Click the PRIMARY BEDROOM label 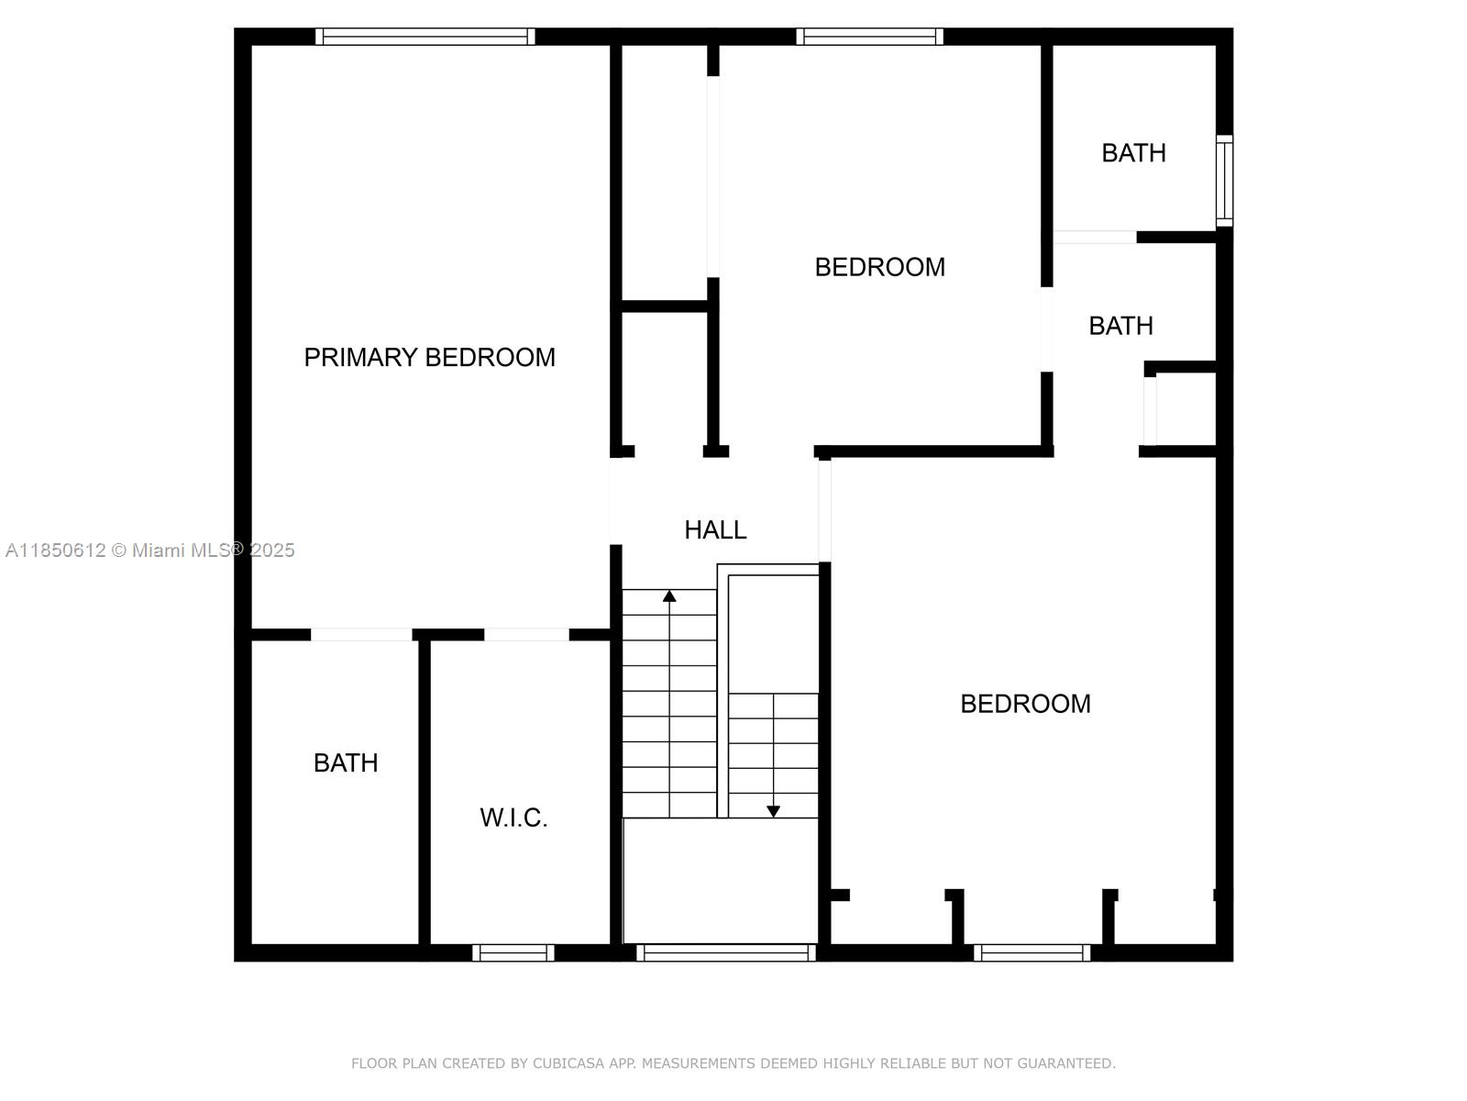coord(429,358)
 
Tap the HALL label coord(715,530)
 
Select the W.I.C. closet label coord(513,817)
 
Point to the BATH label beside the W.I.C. coord(346,762)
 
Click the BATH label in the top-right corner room coord(1133,153)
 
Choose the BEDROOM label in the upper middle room coord(879,267)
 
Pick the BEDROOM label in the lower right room coord(1025,704)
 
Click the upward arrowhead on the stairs coord(669,595)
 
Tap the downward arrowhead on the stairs coord(773,812)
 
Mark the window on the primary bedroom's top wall coord(425,37)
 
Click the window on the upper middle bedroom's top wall coord(869,37)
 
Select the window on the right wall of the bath coord(1224,181)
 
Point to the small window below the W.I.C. coord(513,952)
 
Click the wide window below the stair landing coord(726,952)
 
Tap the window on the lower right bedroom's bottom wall coord(1031,952)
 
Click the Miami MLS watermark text coord(149,550)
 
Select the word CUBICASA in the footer coord(568,1062)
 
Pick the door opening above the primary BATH coord(361,635)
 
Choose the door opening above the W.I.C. coord(526,635)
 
